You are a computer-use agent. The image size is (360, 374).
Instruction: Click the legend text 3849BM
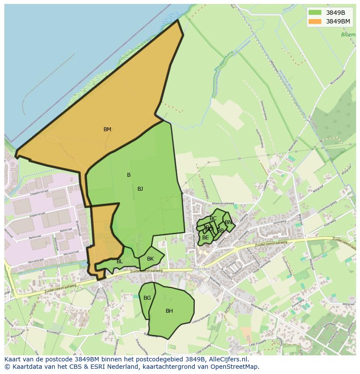[x=338, y=21]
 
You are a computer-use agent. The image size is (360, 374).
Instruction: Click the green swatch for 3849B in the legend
[x=315, y=13]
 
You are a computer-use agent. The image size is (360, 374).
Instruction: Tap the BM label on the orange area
[x=107, y=129]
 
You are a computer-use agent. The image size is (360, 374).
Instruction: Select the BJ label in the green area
[x=140, y=189]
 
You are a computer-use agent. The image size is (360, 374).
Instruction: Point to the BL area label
[x=120, y=261]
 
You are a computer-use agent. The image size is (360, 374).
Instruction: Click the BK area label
[x=150, y=259]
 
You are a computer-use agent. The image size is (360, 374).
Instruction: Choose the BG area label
[x=147, y=298]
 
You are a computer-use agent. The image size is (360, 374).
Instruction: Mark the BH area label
[x=169, y=311]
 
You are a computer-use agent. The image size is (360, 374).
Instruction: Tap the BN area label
[x=228, y=222]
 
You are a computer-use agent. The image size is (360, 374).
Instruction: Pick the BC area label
[x=213, y=218]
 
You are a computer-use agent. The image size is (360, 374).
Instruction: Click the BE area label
[x=206, y=238]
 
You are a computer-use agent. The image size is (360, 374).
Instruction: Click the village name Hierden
[x=201, y=269]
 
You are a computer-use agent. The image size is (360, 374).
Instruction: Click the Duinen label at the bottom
[x=235, y=347]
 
